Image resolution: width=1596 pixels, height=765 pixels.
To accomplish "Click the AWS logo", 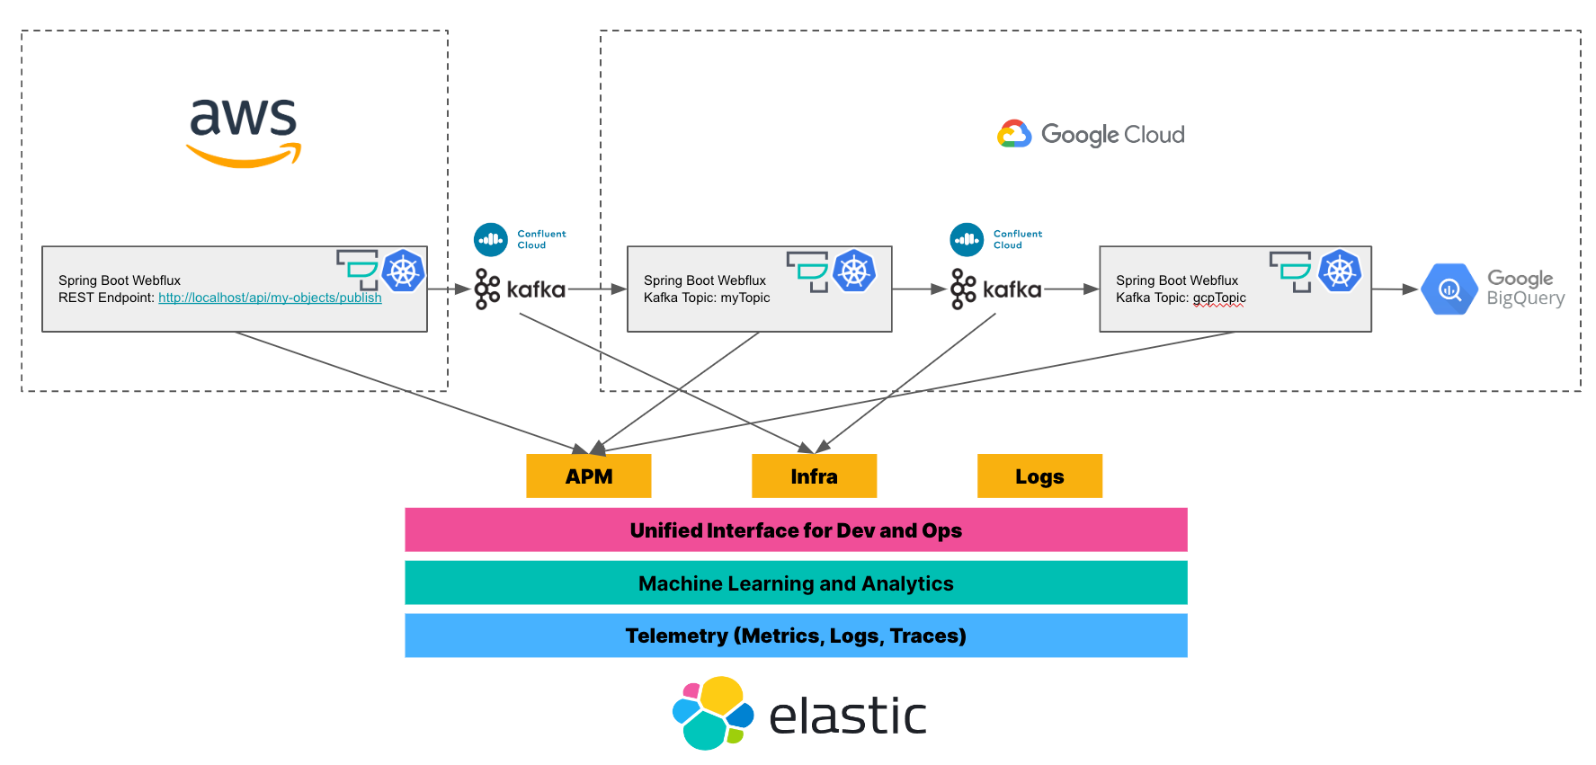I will pos(243,131).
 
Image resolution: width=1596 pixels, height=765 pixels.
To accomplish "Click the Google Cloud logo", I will pos(1090,134).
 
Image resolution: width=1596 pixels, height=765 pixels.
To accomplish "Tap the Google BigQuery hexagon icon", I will pos(1449,289).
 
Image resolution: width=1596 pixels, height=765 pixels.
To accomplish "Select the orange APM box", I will pos(588,476).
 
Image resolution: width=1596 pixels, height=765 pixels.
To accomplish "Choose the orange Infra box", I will pos(814,476).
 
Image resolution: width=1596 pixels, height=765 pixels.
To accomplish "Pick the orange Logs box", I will pos(1039,476).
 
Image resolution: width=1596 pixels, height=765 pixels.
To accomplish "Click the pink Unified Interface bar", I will pos(796,530).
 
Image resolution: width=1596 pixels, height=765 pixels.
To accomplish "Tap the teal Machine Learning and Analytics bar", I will pos(796,583).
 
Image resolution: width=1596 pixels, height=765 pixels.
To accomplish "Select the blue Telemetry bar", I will pos(796,636).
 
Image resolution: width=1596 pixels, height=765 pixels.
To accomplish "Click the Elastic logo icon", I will pos(713,713).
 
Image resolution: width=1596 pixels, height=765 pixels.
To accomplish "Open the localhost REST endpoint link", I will pos(270,298).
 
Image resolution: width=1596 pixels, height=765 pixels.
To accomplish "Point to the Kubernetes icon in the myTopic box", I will pos(853,271).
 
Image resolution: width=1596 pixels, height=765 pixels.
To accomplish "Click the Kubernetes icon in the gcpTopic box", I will pos(1339,271).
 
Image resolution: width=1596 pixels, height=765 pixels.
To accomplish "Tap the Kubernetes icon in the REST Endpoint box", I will pos(403,271).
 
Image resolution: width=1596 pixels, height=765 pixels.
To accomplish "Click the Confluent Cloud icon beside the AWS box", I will pos(491,240).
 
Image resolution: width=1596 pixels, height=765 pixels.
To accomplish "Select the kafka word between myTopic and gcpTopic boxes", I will pos(1012,289).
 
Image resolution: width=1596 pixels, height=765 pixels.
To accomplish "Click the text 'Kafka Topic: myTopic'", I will pos(707,298).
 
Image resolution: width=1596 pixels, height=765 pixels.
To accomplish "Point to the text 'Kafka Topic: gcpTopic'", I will pos(1181,298).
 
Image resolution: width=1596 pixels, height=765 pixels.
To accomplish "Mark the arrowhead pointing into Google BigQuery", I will pos(1411,289).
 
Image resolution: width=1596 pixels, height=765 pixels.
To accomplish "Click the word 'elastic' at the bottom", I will pos(847,716).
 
